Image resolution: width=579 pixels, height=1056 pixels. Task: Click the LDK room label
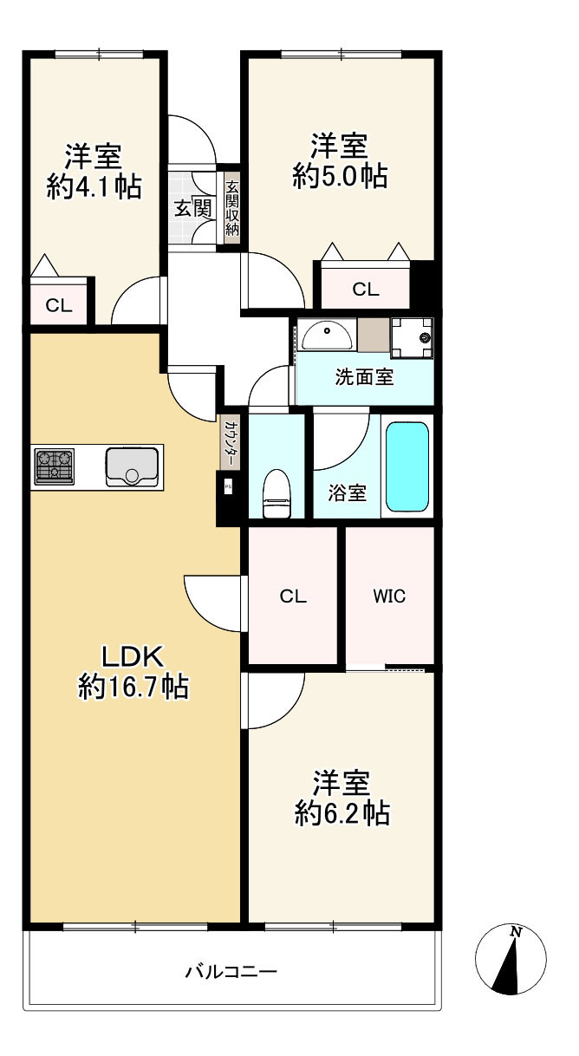click(x=133, y=656)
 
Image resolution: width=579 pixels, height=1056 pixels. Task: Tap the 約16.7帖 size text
click(x=133, y=687)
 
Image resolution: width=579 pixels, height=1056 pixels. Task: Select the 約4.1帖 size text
click(x=94, y=186)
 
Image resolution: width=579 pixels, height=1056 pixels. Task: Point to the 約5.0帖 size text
click(x=340, y=176)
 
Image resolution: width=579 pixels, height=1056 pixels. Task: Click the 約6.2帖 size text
click(x=342, y=813)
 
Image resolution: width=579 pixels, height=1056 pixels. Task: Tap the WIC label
click(x=389, y=596)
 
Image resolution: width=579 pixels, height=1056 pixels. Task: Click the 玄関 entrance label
click(x=193, y=208)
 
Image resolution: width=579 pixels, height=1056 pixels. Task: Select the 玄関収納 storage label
click(x=231, y=208)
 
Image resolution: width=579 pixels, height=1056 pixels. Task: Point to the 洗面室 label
click(x=365, y=377)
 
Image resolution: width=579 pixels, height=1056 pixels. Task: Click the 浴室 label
click(x=348, y=493)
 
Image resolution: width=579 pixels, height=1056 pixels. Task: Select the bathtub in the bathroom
click(x=407, y=466)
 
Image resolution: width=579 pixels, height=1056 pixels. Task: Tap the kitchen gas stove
click(x=55, y=466)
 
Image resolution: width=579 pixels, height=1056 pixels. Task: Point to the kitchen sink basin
click(x=132, y=467)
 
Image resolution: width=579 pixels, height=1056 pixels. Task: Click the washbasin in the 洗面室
click(x=327, y=336)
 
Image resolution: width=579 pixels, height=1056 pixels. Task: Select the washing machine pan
click(x=413, y=337)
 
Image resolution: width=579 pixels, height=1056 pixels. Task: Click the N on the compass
click(x=517, y=932)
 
